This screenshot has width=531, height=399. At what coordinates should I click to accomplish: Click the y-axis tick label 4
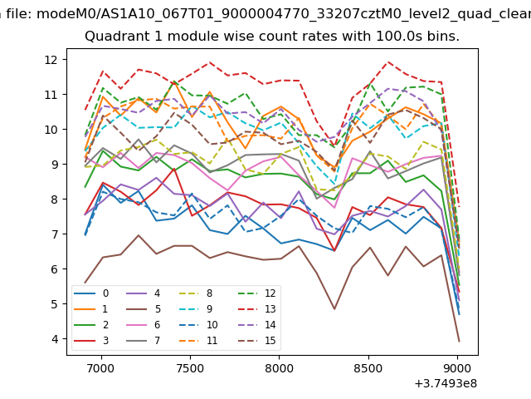tap(53, 339)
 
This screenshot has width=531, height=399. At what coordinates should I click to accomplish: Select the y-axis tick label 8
tap(53, 199)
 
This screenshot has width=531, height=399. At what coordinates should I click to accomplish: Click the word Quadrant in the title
tap(115, 37)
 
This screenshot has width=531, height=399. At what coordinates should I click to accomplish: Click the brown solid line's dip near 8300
tap(333, 309)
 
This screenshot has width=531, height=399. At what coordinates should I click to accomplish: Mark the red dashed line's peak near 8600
tap(387, 62)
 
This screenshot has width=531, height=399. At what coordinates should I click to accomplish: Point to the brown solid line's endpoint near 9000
tap(459, 341)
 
